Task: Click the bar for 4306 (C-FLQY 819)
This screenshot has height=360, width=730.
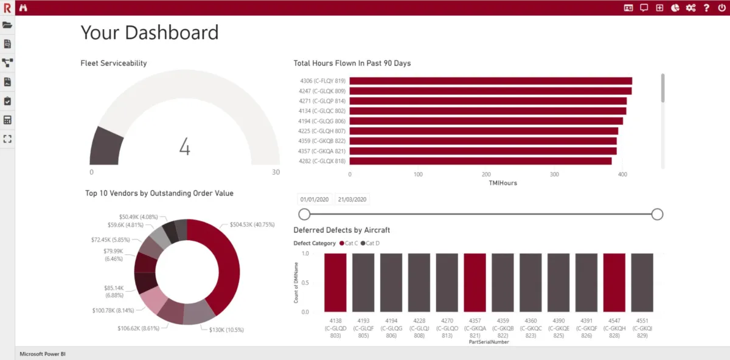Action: pyautogui.click(x=490, y=81)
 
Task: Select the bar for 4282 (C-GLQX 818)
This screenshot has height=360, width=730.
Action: pyautogui.click(x=481, y=161)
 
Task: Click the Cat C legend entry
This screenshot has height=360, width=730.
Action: pyautogui.click(x=349, y=243)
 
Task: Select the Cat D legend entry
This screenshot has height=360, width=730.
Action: pyautogui.click(x=371, y=243)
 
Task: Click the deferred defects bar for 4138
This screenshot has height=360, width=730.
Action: pyautogui.click(x=335, y=283)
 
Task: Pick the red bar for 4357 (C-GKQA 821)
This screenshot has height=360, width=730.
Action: pyautogui.click(x=474, y=283)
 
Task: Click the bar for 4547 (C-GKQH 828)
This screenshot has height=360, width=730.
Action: pyautogui.click(x=614, y=283)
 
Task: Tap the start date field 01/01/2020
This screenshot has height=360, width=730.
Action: pyautogui.click(x=314, y=199)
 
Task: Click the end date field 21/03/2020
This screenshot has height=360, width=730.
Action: pyautogui.click(x=352, y=199)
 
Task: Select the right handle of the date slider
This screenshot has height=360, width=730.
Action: pyautogui.click(x=657, y=214)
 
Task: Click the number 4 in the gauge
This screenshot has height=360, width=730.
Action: pyautogui.click(x=185, y=147)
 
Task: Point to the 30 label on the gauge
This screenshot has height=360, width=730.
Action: pyautogui.click(x=276, y=172)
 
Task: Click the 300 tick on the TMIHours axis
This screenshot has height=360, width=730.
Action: pyautogui.click(x=554, y=175)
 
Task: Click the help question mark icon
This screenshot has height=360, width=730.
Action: pyautogui.click(x=706, y=8)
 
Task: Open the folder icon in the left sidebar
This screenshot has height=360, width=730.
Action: pyautogui.click(x=7, y=25)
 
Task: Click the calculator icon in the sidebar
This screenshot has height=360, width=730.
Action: pyautogui.click(x=7, y=120)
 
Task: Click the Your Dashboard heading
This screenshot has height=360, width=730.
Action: pyautogui.click(x=150, y=32)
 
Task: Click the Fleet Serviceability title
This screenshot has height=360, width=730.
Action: pyautogui.click(x=114, y=63)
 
